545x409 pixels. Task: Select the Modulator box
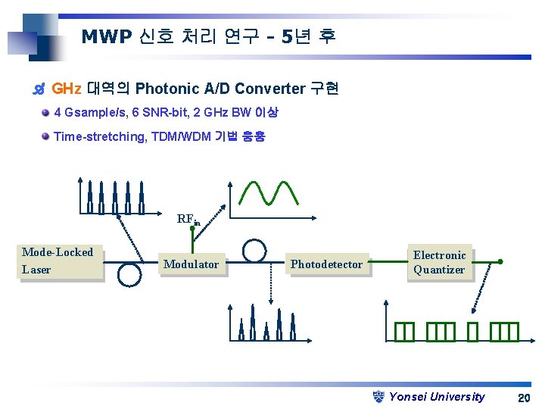click(x=191, y=264)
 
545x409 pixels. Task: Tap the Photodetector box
click(x=327, y=264)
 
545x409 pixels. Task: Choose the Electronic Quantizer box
click(x=440, y=263)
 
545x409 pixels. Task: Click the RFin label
click(x=188, y=220)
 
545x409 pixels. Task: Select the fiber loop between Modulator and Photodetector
click(x=254, y=250)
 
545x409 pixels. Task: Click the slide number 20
click(x=523, y=398)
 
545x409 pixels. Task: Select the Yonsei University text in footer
click(x=437, y=397)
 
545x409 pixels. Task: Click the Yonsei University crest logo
click(x=380, y=396)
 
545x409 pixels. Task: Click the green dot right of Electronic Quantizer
click(x=500, y=262)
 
